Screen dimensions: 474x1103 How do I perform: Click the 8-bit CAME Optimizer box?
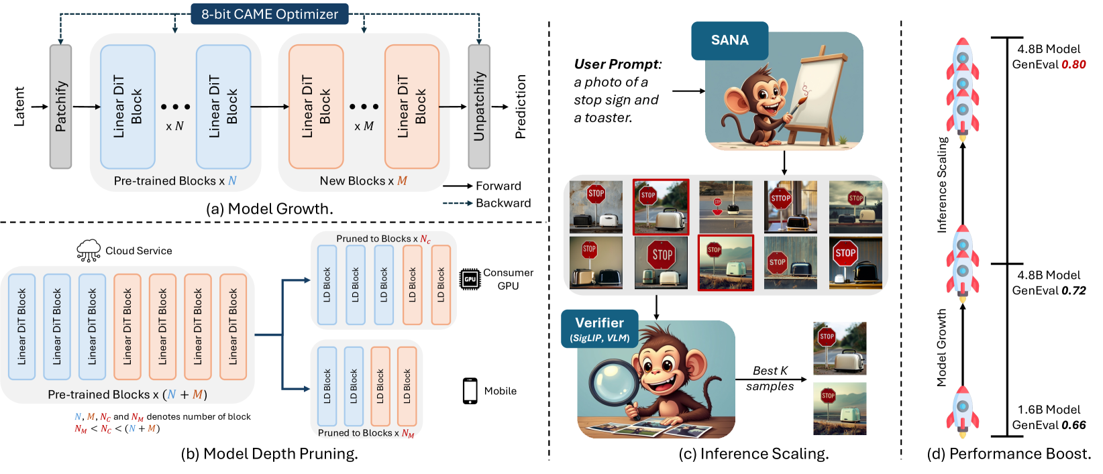coord(270,14)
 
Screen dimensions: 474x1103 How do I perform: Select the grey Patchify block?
coord(60,107)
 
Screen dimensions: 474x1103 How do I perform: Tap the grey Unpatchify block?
coord(479,107)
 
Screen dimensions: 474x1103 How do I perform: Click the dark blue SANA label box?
coord(729,40)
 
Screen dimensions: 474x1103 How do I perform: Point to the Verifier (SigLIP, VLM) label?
coord(599,329)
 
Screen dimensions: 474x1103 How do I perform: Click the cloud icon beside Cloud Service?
coord(89,250)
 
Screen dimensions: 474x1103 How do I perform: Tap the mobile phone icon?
coord(470,391)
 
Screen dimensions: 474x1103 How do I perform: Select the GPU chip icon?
coord(470,279)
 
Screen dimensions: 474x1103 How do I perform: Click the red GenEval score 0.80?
coord(1073,64)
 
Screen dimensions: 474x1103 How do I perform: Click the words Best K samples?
coord(770,378)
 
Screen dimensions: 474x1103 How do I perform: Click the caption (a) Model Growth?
coord(269,209)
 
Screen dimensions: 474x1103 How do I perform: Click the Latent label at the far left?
coord(19,107)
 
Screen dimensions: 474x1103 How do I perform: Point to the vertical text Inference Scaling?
coord(942,185)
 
